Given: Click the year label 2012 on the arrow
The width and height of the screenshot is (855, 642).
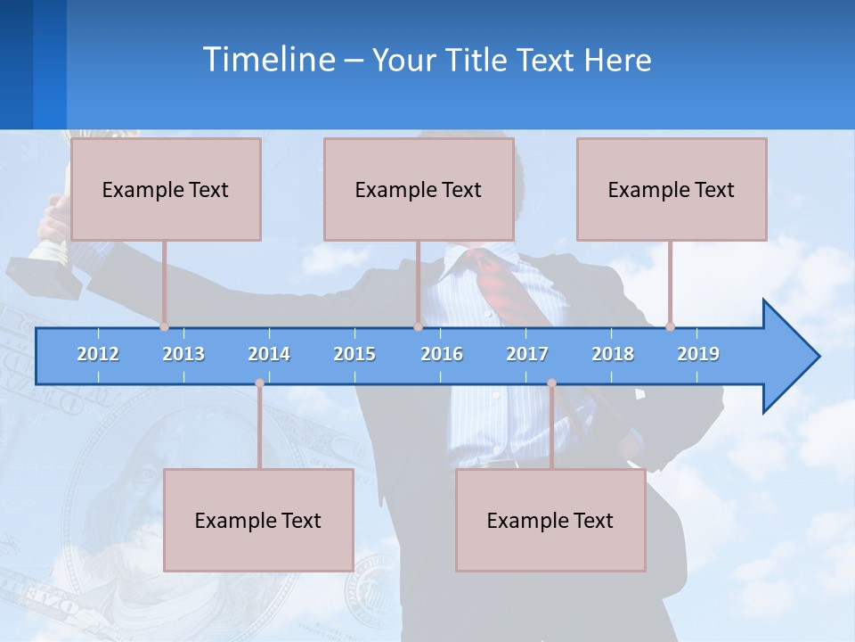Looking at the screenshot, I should (98, 354).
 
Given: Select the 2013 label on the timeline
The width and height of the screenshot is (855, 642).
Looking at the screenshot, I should (183, 354).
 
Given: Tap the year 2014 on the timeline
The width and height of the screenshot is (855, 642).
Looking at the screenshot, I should (269, 354).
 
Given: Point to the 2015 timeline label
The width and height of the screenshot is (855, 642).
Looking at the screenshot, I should (354, 354).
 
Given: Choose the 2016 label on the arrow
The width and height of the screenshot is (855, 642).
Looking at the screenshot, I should (442, 354).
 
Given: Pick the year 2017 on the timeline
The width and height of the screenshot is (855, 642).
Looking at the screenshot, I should (527, 354).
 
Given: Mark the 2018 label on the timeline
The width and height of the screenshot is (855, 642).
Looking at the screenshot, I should (613, 354).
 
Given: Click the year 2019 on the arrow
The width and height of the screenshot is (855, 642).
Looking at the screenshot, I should (698, 354).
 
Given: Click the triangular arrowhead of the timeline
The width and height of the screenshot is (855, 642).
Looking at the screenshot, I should (789, 357).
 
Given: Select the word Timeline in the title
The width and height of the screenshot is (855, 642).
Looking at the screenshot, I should (268, 60).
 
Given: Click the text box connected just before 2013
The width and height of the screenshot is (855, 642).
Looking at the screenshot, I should (166, 189).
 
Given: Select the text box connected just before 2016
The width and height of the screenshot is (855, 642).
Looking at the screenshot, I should (419, 189).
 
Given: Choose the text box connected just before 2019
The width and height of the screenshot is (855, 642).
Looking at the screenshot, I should (672, 189).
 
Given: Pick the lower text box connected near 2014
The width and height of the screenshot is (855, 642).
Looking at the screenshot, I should (258, 520).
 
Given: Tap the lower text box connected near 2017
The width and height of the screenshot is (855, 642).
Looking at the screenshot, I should (550, 520).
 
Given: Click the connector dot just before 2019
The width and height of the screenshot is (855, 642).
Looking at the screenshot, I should (670, 326).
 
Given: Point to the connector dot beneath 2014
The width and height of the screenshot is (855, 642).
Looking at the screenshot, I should (259, 383).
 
